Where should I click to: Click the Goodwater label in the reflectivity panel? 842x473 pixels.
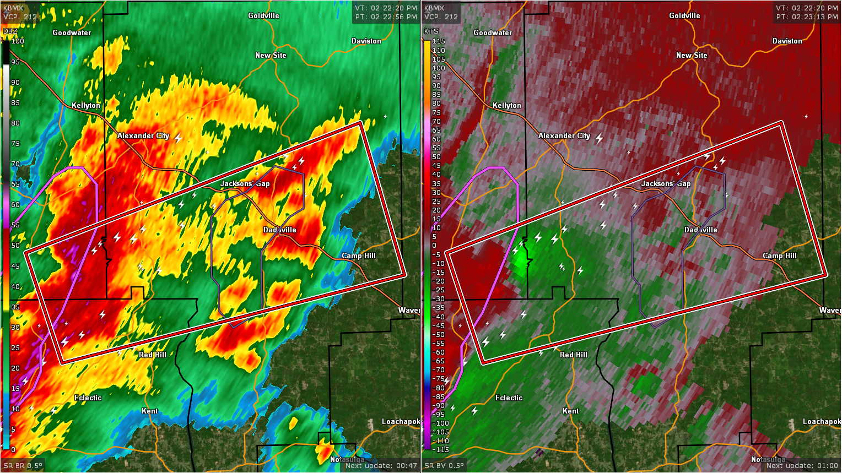tap(72, 32)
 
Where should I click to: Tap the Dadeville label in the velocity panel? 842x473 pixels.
tap(700, 230)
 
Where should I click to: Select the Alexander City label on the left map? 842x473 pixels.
tap(143, 135)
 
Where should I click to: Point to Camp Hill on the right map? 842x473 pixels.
tap(779, 255)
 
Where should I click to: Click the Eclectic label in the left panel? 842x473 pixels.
tap(88, 398)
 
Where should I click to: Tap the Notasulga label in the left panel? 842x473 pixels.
tap(347, 459)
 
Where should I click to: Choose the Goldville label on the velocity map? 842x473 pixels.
tap(684, 15)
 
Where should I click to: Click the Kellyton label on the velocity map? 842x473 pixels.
tap(506, 105)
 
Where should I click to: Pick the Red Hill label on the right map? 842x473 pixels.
tap(573, 355)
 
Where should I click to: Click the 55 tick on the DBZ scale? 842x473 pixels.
tap(15, 225)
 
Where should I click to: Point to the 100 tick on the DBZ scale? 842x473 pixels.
tap(18, 41)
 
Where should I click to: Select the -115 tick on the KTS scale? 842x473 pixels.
tap(440, 450)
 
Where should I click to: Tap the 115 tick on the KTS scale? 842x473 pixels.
tap(439, 41)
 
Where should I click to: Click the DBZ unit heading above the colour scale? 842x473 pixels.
tap(10, 31)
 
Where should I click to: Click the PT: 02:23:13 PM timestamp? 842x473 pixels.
tap(807, 17)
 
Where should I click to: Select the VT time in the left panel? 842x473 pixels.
tap(386, 8)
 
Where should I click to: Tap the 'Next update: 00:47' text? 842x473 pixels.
tap(381, 466)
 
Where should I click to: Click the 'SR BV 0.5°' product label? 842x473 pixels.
tap(444, 466)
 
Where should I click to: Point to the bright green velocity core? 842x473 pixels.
tap(521, 260)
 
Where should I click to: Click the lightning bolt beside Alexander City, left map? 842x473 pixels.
tap(179, 137)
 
